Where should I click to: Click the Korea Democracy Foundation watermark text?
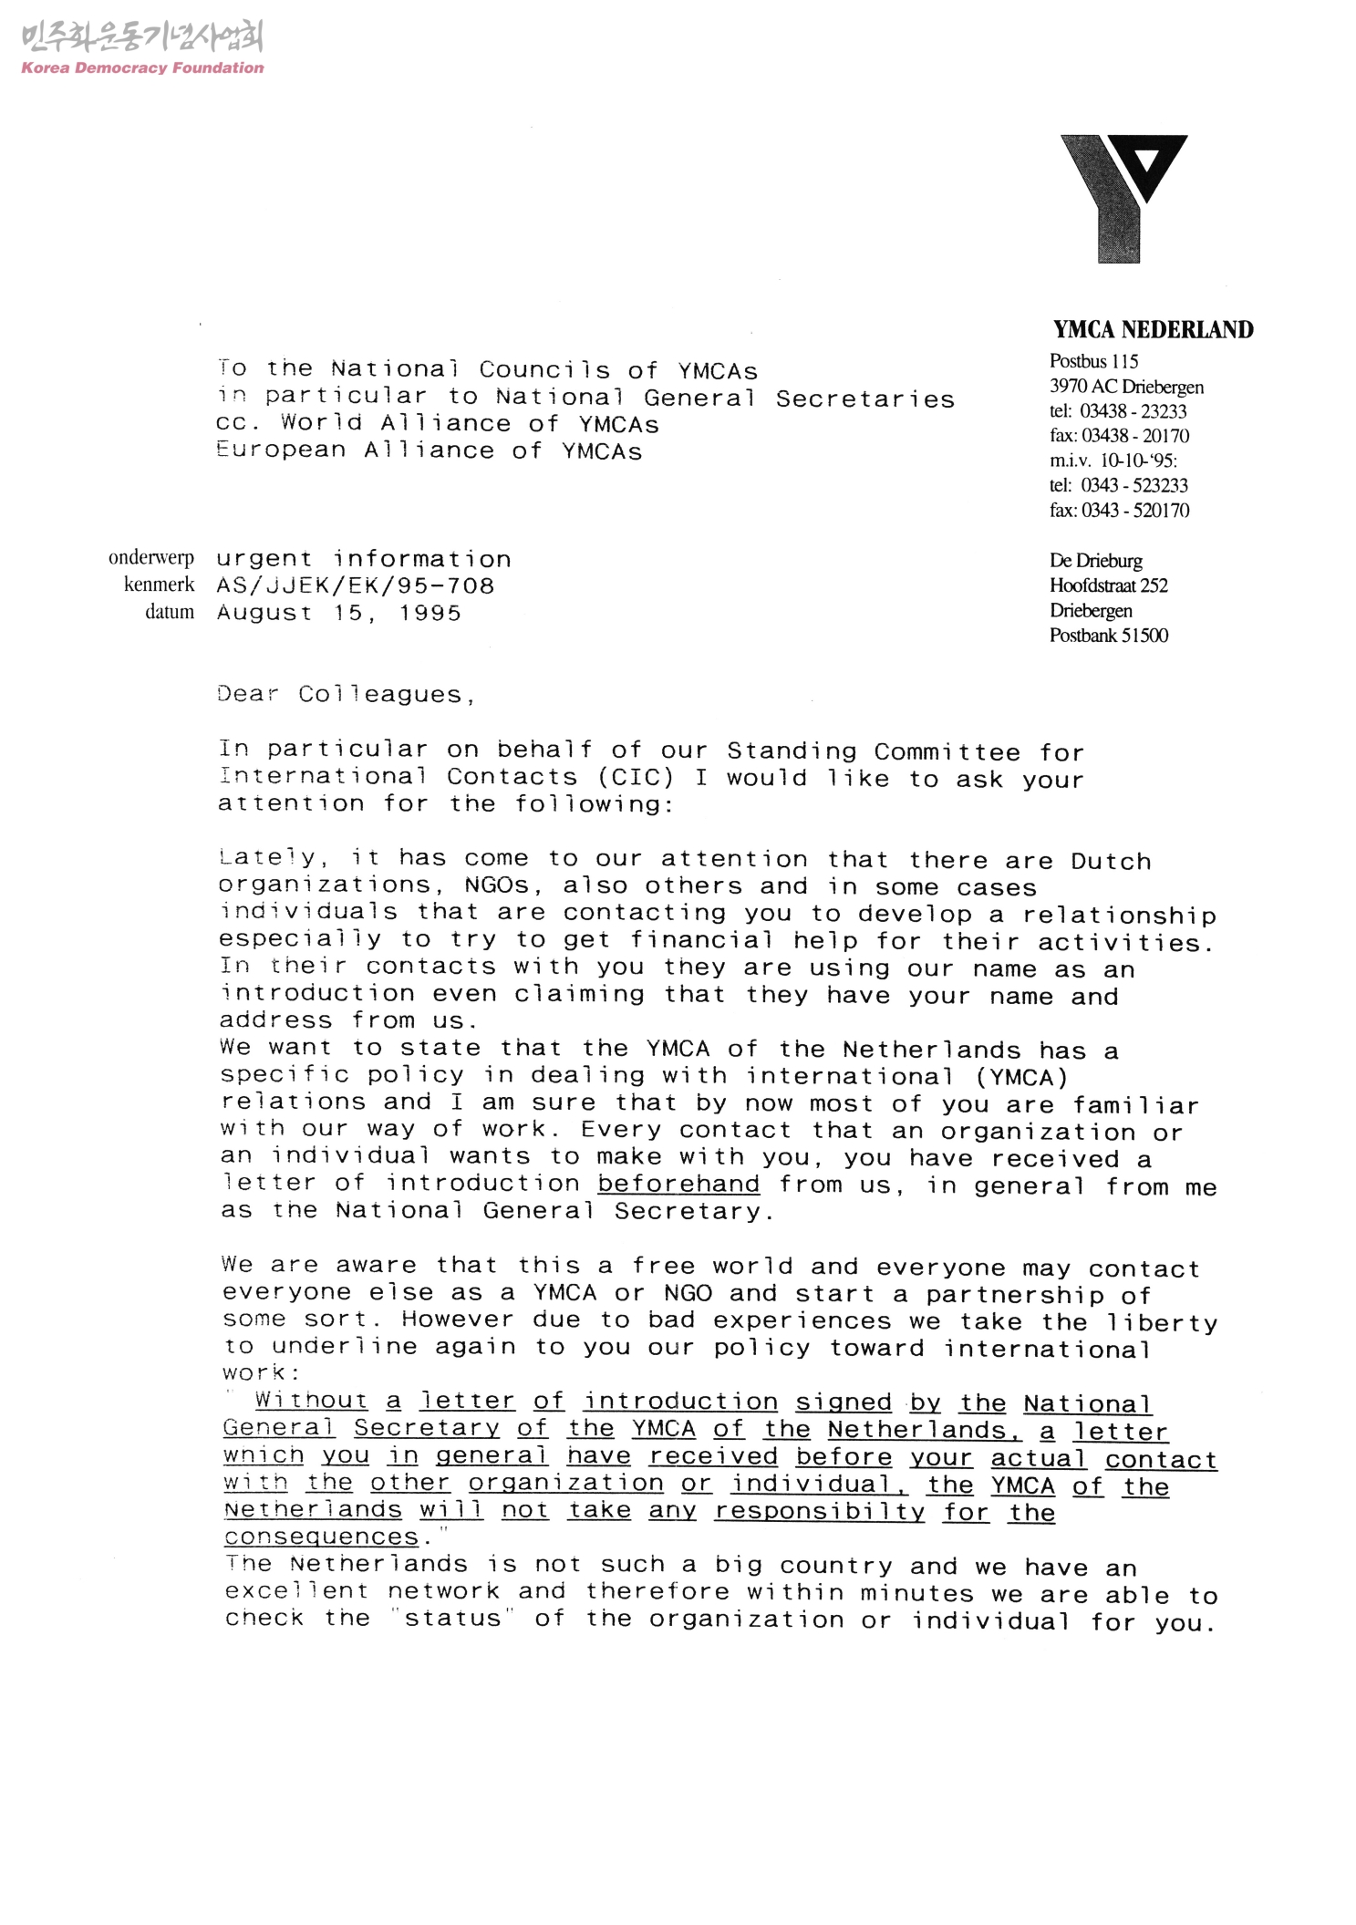click(142, 67)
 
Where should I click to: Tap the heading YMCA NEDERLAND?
click(1153, 329)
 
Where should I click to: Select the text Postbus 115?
click(1093, 361)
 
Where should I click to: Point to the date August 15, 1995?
click(339, 613)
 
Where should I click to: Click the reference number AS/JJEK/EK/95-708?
click(356, 585)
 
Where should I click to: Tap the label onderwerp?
click(151, 558)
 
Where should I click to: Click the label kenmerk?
click(160, 585)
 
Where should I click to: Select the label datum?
click(170, 612)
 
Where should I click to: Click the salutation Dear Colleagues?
click(346, 694)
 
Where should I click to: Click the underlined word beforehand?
click(678, 1184)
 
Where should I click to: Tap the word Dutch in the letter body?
click(1111, 861)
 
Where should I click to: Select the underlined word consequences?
click(322, 1537)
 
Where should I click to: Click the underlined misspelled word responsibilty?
click(819, 1511)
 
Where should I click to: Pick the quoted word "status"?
click(452, 1619)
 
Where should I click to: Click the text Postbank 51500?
click(1108, 636)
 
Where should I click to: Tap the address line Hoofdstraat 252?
click(1108, 585)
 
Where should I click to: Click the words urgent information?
click(364, 559)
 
